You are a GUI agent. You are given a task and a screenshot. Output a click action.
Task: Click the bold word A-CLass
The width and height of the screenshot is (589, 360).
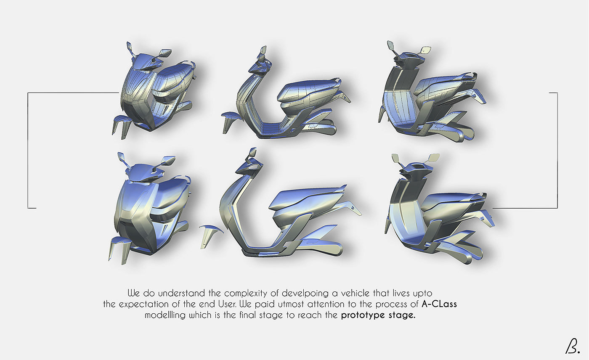(439, 304)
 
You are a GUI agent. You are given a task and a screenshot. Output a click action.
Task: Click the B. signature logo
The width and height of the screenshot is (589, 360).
(572, 346)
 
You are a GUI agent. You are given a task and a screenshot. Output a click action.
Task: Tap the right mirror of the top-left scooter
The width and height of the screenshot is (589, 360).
(165, 53)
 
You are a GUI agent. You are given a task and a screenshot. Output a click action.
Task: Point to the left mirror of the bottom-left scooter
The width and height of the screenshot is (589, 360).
(121, 157)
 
